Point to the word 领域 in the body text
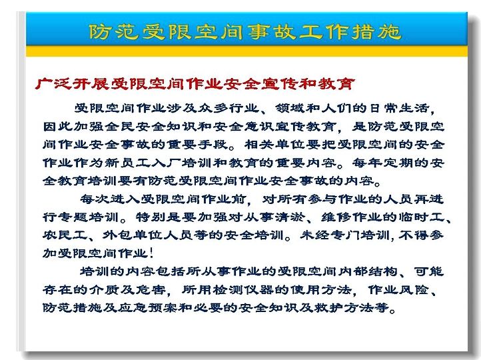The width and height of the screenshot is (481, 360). click(290, 108)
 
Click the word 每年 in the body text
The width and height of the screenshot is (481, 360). click(367, 163)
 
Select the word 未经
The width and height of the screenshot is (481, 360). click(314, 235)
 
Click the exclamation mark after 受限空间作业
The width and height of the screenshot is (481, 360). click(151, 253)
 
